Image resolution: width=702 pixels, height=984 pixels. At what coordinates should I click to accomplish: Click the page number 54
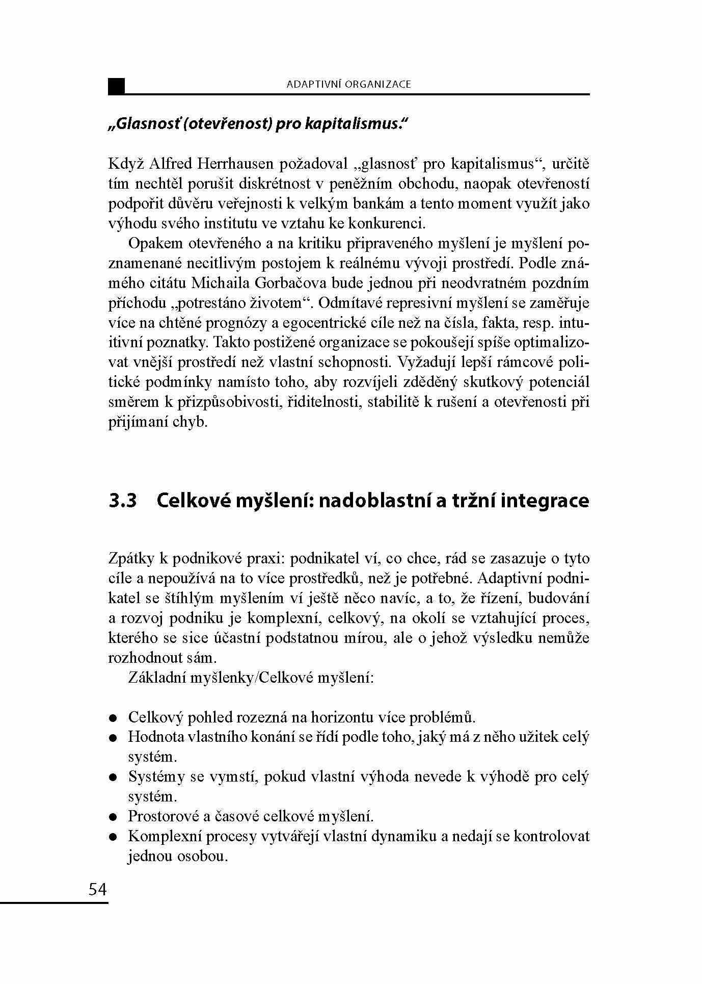coord(98,889)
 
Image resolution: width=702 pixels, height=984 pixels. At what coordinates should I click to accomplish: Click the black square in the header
coord(117,86)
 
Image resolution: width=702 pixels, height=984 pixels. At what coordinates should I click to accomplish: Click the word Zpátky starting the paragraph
coord(131,559)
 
